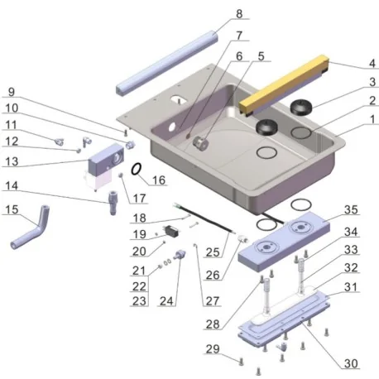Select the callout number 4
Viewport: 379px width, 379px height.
tap(372, 65)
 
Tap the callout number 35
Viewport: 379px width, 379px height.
tap(372, 82)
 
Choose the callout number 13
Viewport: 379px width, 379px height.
tap(11, 161)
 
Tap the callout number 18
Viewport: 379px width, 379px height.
tap(139, 218)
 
